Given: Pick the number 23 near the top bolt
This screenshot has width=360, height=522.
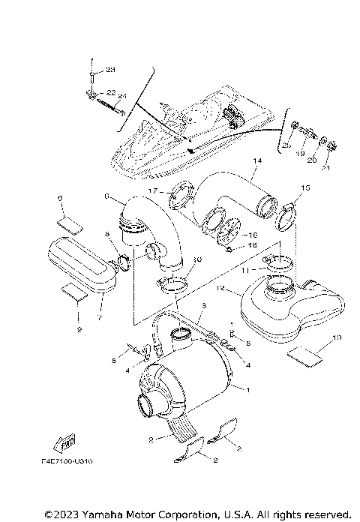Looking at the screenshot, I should (x=111, y=69).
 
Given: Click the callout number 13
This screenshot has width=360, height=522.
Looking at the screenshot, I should (x=336, y=338).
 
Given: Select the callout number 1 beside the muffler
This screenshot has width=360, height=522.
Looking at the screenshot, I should (x=247, y=389).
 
